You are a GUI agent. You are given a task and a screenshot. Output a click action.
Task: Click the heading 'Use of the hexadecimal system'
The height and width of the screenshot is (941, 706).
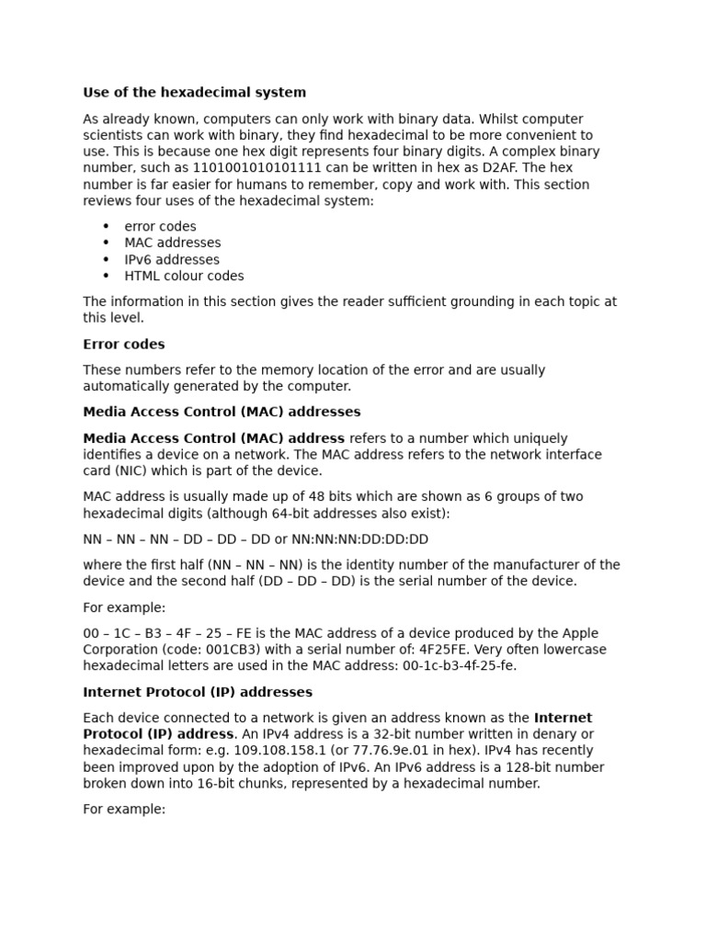(194, 93)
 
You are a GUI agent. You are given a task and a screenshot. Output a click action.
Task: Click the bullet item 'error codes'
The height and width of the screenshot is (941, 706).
(160, 226)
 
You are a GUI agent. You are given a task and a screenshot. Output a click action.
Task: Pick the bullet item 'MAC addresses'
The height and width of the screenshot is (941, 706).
(173, 243)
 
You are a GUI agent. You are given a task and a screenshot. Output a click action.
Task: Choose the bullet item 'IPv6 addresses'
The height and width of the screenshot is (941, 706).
(172, 260)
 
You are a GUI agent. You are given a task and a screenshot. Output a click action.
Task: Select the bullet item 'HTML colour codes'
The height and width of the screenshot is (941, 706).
(184, 276)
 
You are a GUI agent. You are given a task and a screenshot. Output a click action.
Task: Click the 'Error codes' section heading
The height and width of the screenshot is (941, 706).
(124, 345)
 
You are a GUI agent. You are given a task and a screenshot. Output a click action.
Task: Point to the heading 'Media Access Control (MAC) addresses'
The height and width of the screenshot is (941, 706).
(222, 412)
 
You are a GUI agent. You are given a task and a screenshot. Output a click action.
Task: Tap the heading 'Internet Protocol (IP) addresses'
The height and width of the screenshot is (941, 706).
(198, 692)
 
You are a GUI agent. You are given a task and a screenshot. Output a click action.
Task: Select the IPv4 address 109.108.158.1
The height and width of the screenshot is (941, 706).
(283, 751)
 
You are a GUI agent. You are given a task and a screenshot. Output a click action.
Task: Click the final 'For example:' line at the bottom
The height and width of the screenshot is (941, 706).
(124, 810)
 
